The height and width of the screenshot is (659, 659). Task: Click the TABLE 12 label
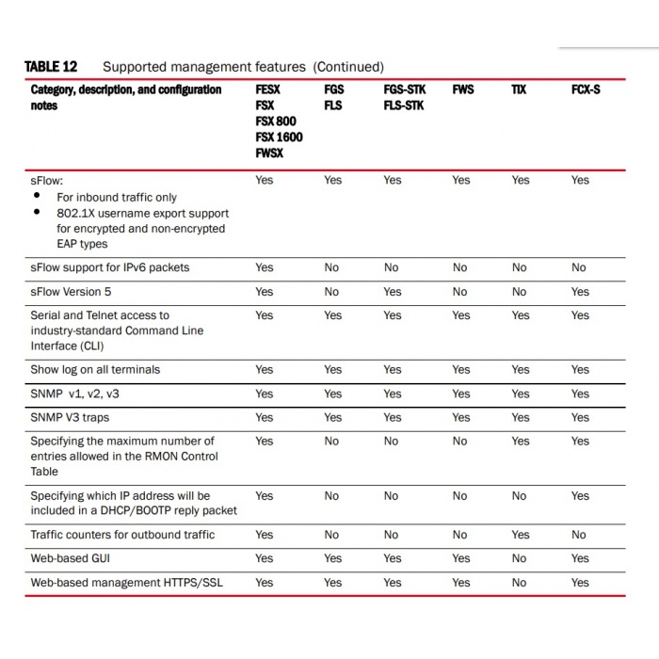click(x=51, y=67)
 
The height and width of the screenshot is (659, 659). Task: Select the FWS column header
click(x=462, y=90)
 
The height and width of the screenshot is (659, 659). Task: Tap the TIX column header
click(x=519, y=90)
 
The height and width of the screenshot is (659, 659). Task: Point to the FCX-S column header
click(x=585, y=90)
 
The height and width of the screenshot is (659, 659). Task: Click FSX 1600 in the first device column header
click(x=279, y=137)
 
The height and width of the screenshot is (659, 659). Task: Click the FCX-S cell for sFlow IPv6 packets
click(x=579, y=268)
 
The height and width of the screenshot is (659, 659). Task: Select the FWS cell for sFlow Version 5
click(x=459, y=292)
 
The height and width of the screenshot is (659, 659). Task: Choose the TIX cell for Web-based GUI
click(x=519, y=558)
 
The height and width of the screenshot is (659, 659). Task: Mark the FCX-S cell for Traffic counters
click(x=579, y=535)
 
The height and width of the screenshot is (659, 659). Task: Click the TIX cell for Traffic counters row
click(x=520, y=535)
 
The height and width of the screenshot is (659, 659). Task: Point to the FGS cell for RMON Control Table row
click(x=331, y=441)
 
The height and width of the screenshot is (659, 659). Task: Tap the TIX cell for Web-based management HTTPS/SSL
click(x=519, y=583)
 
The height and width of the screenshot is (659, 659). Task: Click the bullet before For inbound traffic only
click(x=37, y=196)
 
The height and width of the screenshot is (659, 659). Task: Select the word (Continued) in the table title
click(x=348, y=67)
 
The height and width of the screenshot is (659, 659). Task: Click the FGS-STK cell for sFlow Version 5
click(x=392, y=292)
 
